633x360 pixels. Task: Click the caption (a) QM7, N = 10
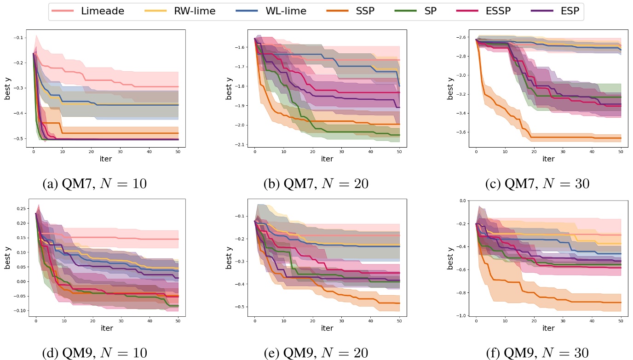94,184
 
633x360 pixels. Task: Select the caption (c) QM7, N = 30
537,184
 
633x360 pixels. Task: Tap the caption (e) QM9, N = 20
316,353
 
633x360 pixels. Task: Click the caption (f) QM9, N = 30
537,353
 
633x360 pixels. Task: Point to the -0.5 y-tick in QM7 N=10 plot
21,138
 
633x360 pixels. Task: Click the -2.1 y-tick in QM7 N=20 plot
240,145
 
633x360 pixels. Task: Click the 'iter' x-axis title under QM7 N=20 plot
327,159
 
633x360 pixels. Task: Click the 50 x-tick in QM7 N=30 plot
621,150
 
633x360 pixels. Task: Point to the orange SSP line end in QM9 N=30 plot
621,303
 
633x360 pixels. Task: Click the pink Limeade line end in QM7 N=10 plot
178,87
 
